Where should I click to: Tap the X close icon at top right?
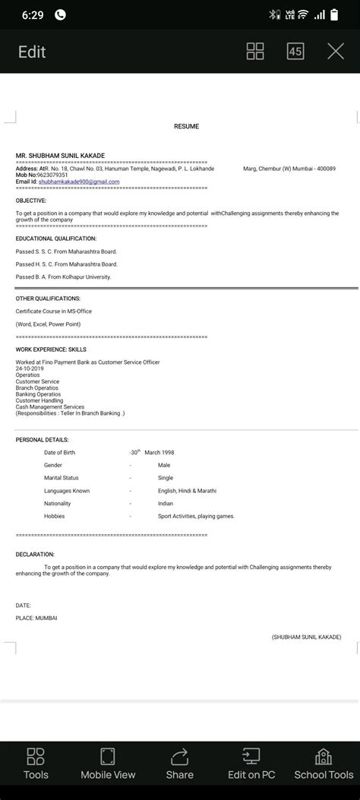click(336, 52)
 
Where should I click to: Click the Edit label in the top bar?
click(33, 52)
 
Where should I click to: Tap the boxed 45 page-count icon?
click(295, 52)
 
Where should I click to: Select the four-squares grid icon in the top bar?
click(256, 52)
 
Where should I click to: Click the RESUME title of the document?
click(186, 127)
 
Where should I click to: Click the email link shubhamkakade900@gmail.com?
click(79, 182)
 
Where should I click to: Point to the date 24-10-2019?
click(30, 368)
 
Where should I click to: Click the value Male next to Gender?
click(164, 465)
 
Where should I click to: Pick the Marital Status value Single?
click(166, 478)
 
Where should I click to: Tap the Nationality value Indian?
click(166, 504)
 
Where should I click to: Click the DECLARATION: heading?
click(35, 555)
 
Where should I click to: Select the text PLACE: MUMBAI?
click(36, 618)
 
